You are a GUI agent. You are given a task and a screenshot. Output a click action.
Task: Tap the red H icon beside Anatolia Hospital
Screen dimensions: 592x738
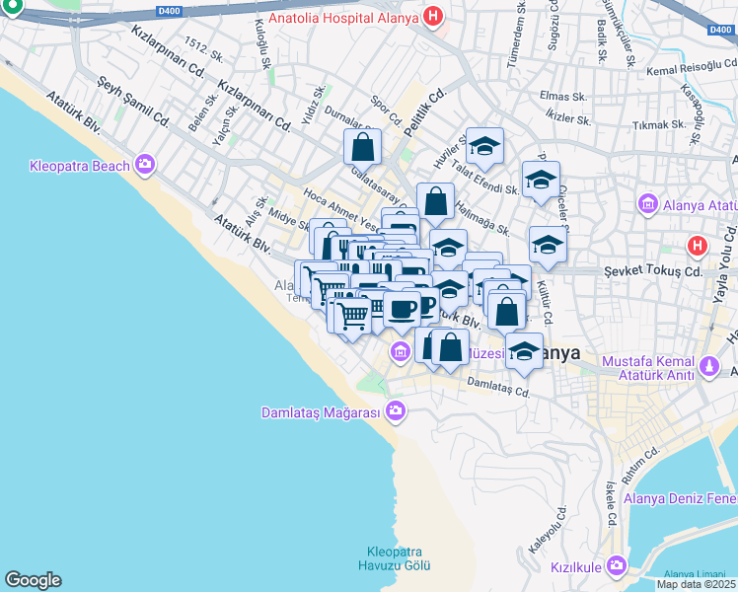432,16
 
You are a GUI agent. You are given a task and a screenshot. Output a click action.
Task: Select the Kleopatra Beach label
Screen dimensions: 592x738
80,165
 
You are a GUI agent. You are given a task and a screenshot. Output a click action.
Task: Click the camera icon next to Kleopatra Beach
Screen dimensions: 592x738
146,164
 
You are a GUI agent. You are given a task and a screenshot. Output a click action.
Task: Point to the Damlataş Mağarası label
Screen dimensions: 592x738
321,412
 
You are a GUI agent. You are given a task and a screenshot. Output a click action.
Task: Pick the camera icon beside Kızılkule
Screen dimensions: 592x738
617,565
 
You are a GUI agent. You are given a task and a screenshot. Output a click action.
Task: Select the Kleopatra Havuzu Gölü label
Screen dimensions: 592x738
395,558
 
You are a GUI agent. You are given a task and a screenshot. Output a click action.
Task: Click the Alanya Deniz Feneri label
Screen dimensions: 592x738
680,498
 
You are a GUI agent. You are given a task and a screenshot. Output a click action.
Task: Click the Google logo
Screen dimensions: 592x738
33,580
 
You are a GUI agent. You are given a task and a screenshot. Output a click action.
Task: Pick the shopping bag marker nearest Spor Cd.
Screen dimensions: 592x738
363,148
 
